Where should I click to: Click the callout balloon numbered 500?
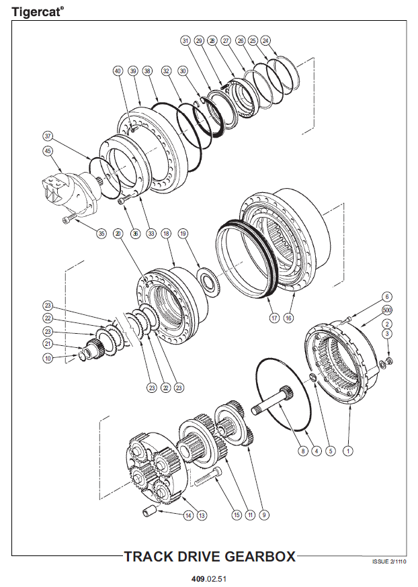pyautogui.click(x=387, y=310)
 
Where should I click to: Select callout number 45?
pyautogui.click(x=48, y=151)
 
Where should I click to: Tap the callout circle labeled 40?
pyautogui.click(x=118, y=71)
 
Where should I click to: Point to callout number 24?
pyautogui.click(x=265, y=40)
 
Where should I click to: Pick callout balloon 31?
pyautogui.click(x=185, y=41)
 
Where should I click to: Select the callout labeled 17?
pyautogui.click(x=274, y=318)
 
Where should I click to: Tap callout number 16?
pyautogui.click(x=289, y=318)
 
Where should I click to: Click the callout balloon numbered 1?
pyautogui.click(x=347, y=451)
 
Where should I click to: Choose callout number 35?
pyautogui.click(x=101, y=234)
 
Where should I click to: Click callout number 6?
pyautogui.click(x=387, y=296)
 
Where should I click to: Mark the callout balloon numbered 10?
pyautogui.click(x=48, y=359)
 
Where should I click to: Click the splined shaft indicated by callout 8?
pyautogui.click(x=276, y=402)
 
